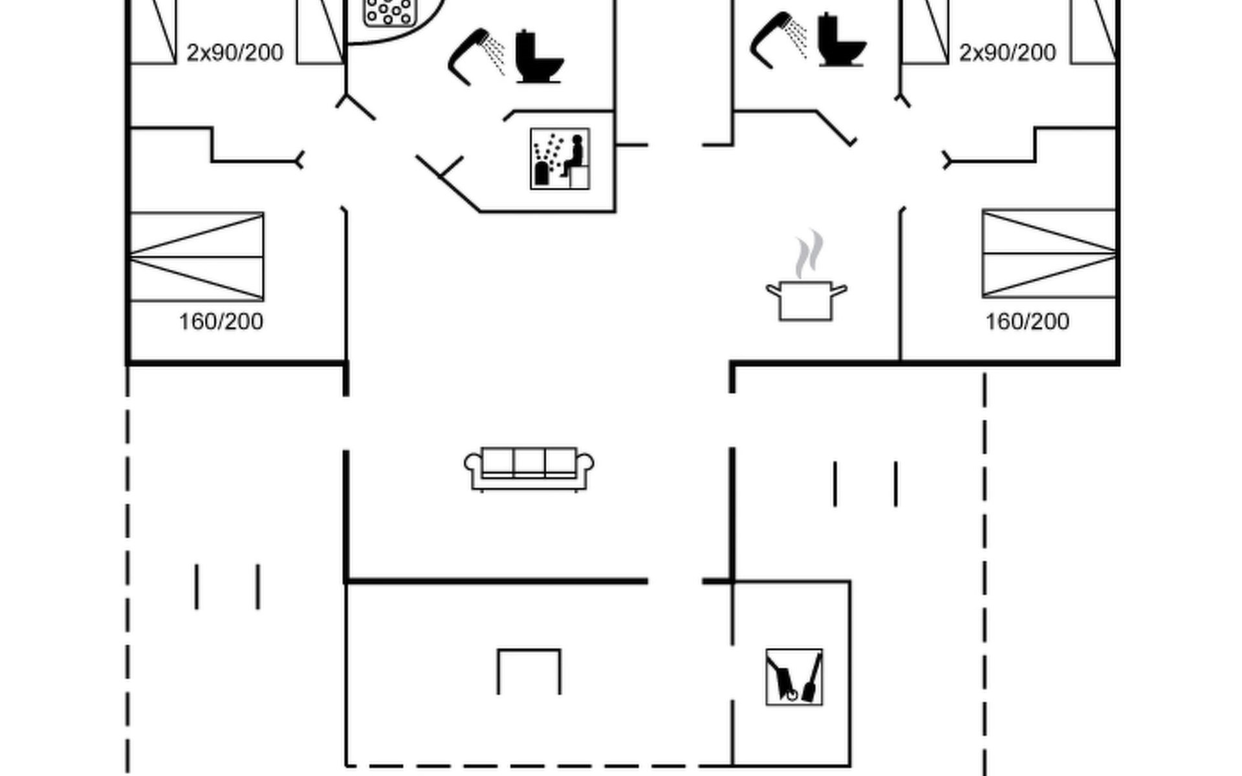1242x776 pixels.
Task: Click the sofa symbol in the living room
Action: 528,469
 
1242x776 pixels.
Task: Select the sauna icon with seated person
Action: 560,158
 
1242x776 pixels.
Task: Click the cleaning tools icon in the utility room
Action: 794,677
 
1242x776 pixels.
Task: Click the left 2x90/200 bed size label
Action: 235,53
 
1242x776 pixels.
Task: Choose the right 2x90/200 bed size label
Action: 1007,53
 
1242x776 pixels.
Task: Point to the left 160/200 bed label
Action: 221,321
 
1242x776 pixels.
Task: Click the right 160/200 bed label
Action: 1027,321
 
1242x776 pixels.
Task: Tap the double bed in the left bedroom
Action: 197,257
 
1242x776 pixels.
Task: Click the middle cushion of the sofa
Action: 529,462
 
